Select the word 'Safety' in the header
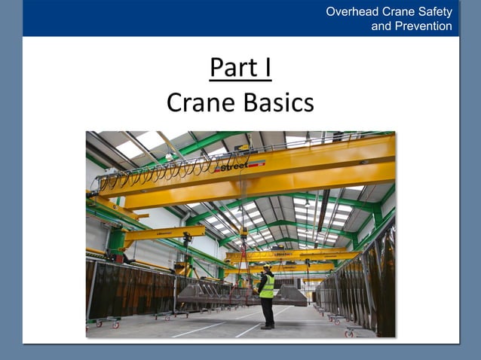click(433, 11)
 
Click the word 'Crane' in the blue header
click(397, 11)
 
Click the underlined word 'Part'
click(231, 68)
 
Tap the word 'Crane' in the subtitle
click(203, 102)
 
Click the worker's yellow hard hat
click(266, 267)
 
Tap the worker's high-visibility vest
click(267, 286)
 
